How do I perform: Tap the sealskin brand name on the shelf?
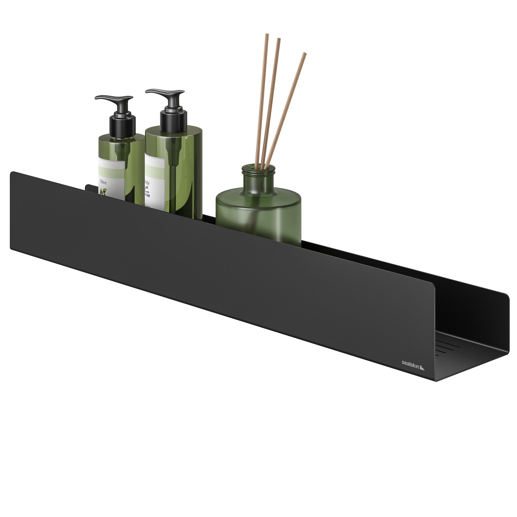tap(410, 363)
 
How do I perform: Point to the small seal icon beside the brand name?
tap(422, 368)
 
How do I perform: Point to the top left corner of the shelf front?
tap(11, 173)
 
